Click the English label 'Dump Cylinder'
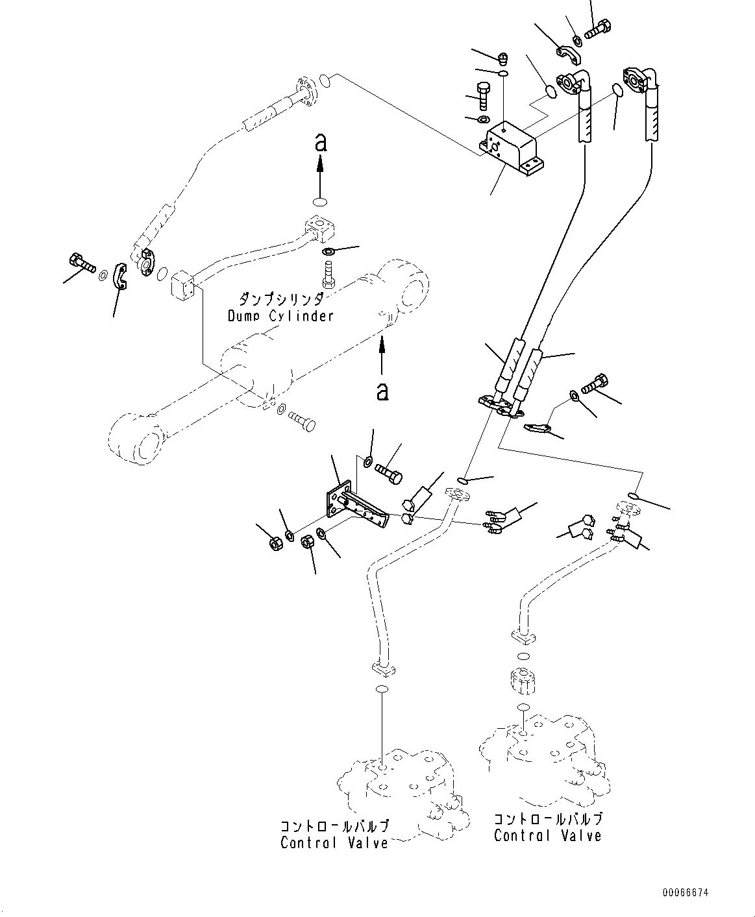281,316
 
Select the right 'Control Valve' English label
547,835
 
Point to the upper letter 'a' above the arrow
321,142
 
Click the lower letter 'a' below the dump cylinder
382,391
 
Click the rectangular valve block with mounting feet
512,149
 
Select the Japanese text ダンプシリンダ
281,299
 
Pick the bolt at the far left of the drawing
82,262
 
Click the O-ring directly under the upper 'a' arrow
320,202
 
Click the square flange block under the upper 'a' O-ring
319,229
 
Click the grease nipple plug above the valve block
502,57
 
